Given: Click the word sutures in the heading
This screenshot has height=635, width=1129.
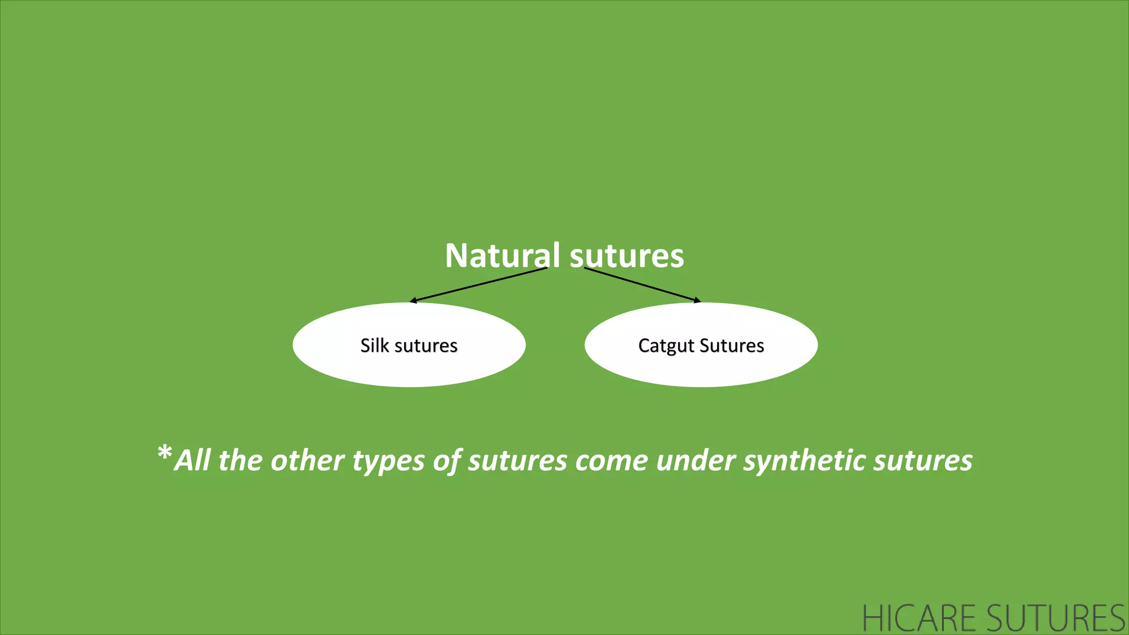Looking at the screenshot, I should tap(627, 256).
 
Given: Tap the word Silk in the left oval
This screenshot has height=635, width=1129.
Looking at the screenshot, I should tap(374, 346).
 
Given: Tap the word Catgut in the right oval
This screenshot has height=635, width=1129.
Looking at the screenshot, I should tap(666, 346).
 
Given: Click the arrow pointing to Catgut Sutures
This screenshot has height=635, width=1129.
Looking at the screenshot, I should tap(642, 284).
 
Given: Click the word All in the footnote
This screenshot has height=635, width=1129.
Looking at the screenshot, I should tap(192, 460).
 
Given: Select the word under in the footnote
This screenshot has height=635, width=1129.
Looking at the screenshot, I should tap(696, 460).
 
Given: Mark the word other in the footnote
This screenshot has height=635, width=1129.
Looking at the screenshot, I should tap(307, 460).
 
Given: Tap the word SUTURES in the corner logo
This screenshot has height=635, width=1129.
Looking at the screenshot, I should tap(1055, 618).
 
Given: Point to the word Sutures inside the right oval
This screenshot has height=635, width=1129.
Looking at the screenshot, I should tap(732, 346).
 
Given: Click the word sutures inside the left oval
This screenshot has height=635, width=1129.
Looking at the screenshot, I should tap(426, 346).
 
